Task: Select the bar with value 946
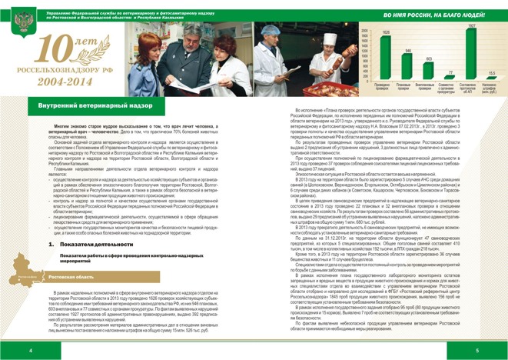pyautogui.click(x=407, y=65)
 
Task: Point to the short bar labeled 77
pyautogui.click(x=450, y=77)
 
